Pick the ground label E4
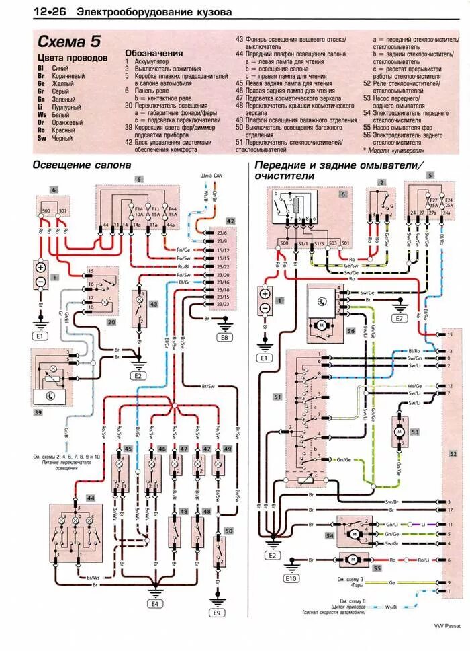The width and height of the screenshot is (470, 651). click(156, 603)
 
